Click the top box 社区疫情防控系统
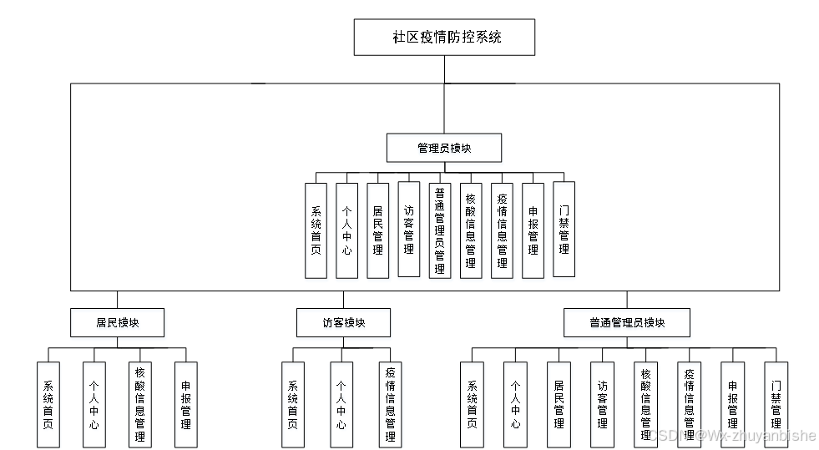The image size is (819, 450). pyautogui.click(x=444, y=38)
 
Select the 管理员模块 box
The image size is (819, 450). pyautogui.click(x=444, y=148)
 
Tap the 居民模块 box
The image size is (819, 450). pyautogui.click(x=117, y=322)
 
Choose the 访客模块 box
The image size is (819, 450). pyautogui.click(x=343, y=322)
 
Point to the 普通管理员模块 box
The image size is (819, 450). pyautogui.click(x=627, y=322)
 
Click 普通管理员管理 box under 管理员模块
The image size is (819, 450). pyautogui.click(x=439, y=230)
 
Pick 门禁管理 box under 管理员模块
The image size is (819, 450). pyautogui.click(x=564, y=230)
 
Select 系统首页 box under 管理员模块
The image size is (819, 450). pyautogui.click(x=316, y=230)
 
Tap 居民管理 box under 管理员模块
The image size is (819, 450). pyautogui.click(x=377, y=230)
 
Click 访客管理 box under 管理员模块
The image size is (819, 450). pyautogui.click(x=408, y=230)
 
